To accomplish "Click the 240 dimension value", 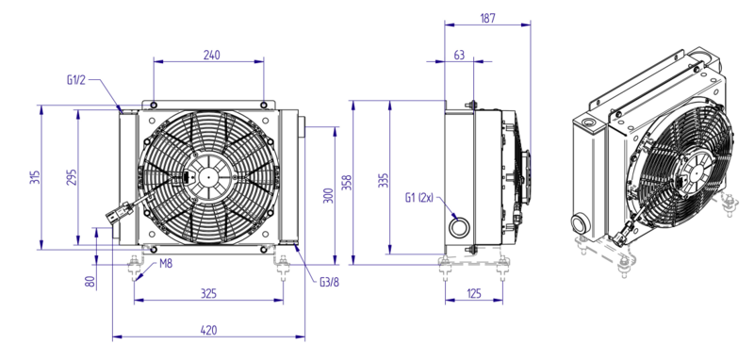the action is click(211, 55).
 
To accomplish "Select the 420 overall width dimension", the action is click(208, 330).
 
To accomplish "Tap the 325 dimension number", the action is click(208, 293).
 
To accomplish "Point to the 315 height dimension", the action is click(35, 177).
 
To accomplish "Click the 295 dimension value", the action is click(72, 177).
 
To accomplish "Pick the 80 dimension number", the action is click(90, 281).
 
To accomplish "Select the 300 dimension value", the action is click(328, 196).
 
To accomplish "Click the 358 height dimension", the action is click(347, 183).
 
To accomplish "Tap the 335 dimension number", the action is click(383, 180).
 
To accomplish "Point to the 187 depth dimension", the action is click(487, 18).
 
